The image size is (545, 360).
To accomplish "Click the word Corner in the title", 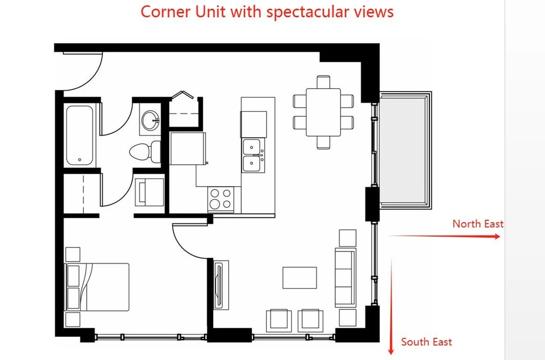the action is pos(166,11).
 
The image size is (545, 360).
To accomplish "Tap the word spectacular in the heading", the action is pos(309,12).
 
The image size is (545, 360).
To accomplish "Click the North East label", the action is pos(478,224).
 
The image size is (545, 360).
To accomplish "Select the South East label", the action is pos(427,342).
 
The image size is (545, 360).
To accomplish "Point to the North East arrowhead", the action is pos(497,236).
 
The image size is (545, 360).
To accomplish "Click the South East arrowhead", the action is pos(391,350).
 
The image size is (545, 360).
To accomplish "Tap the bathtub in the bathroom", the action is pos(80,136).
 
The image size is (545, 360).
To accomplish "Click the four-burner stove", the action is pos(221,199).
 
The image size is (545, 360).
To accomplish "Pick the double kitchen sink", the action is pos(253,156).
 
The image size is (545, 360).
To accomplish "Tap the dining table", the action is pos(323,112).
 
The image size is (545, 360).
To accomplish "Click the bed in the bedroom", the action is pos(97,287).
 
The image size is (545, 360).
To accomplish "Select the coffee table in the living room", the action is pos(300,278).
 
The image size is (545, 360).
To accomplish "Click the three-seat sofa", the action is pos(345,277).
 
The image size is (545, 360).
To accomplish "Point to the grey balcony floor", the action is pos(402,150).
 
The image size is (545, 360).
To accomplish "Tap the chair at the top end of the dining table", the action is pos(323,82).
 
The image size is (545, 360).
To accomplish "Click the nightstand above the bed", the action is pos(73,255).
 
